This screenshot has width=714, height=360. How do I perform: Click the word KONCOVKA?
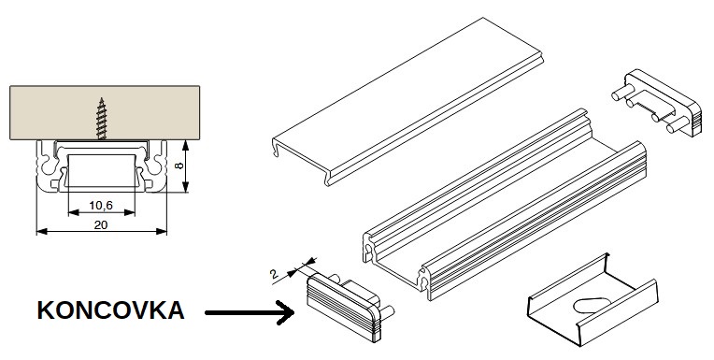[x=110, y=310]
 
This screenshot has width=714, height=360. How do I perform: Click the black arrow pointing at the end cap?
[x=250, y=312]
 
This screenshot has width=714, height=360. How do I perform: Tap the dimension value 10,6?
[x=101, y=206]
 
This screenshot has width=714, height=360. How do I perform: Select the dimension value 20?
[x=101, y=224]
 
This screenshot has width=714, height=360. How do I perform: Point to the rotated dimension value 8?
[x=180, y=165]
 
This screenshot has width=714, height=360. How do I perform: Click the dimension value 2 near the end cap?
[x=274, y=274]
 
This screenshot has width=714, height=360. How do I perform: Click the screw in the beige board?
[x=102, y=119]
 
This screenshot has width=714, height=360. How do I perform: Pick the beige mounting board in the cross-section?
[x=105, y=112]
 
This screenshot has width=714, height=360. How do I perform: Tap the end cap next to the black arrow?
[x=348, y=306]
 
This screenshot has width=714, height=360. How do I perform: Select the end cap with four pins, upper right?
[x=658, y=103]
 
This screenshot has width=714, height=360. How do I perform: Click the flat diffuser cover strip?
[x=408, y=102]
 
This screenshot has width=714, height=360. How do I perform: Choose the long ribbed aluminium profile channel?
[x=505, y=204]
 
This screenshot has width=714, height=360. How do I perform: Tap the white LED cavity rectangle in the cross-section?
[x=102, y=170]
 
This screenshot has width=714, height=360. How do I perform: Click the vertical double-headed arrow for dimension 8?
[x=185, y=166]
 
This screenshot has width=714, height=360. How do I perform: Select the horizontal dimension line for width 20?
[x=102, y=232]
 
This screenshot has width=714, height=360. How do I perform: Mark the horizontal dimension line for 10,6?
[x=102, y=212]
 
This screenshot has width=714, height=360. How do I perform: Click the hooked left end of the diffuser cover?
[x=276, y=147]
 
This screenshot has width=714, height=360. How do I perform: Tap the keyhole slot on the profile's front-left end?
[x=368, y=252]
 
